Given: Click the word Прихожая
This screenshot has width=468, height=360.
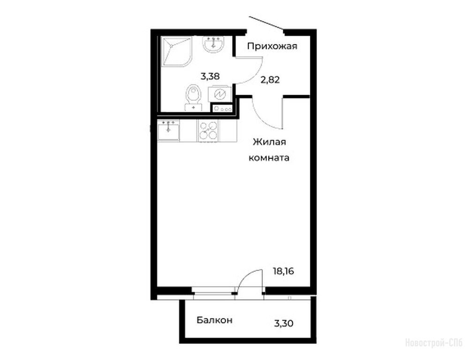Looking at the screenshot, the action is (272, 46).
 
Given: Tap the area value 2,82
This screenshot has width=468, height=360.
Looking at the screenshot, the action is (270, 80).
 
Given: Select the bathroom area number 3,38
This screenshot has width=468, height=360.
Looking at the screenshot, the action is (210, 76).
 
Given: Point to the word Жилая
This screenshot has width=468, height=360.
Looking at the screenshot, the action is (269, 142).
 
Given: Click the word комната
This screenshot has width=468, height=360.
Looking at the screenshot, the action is (269, 157).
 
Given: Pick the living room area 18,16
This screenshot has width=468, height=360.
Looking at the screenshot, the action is (284, 271).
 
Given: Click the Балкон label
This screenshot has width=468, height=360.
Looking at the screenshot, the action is (214, 320).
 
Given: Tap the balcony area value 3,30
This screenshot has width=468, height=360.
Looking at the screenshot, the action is (284, 323).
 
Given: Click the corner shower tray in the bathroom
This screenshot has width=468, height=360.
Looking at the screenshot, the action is (176, 52).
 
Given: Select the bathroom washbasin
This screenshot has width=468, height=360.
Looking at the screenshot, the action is (212, 45).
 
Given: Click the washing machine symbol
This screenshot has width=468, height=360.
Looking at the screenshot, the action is (219, 94).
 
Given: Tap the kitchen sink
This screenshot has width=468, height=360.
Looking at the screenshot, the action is (168, 130).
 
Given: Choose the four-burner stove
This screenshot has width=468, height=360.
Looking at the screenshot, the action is (208, 131).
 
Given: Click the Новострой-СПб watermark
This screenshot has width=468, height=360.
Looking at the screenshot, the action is (434, 343).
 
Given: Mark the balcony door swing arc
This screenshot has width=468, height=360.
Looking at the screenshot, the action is (248, 276).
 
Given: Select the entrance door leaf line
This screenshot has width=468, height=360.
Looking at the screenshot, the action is (265, 23).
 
